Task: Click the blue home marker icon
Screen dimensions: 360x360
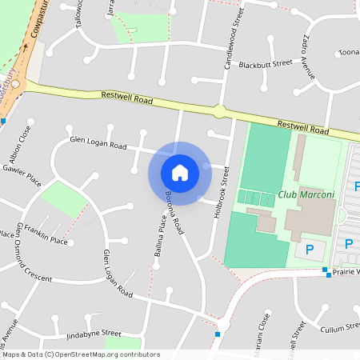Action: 180,172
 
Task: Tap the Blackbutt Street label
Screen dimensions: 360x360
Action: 266,63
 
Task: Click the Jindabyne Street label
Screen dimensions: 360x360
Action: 94,332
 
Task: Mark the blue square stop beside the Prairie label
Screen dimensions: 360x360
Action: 326,270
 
